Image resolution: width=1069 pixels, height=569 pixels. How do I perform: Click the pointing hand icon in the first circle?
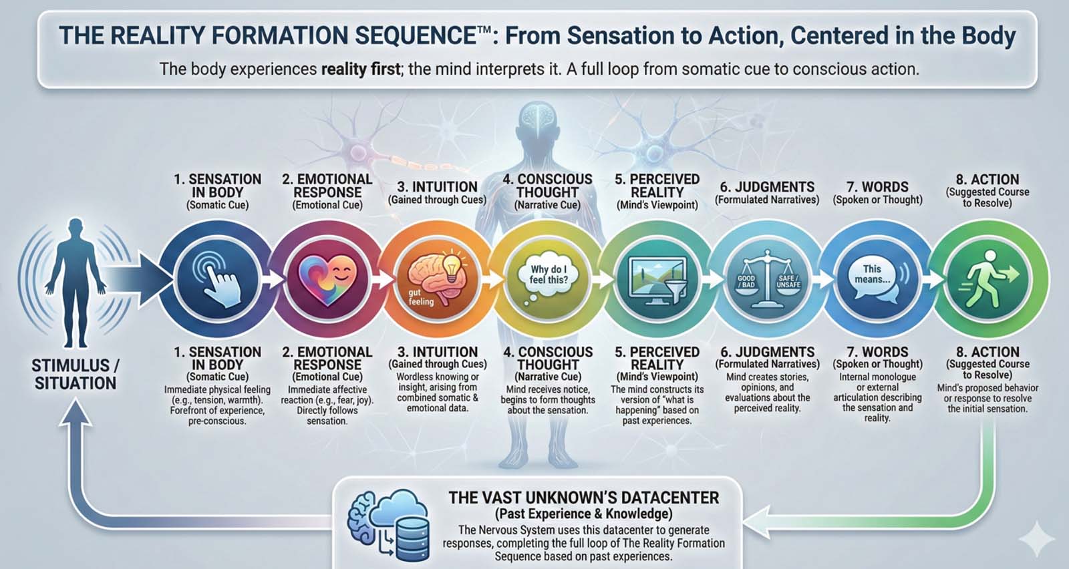(x=218, y=279)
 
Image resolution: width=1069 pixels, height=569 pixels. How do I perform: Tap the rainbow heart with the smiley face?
(x=327, y=280)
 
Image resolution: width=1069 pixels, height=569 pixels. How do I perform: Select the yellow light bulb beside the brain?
(x=452, y=267)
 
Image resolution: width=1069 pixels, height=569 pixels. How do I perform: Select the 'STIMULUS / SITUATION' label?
(x=75, y=375)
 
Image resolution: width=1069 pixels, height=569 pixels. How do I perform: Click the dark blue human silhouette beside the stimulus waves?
(x=75, y=282)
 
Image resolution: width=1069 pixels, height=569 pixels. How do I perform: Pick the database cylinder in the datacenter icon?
(x=414, y=539)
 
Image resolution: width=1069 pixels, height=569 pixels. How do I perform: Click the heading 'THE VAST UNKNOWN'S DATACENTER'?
(x=584, y=498)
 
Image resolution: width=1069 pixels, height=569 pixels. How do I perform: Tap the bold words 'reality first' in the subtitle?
(x=361, y=69)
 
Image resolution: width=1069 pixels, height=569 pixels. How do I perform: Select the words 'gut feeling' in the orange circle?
(x=421, y=297)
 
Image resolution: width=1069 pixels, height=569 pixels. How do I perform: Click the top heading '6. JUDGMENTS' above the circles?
(x=768, y=186)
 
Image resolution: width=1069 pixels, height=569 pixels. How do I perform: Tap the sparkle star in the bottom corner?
(x=1036, y=539)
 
